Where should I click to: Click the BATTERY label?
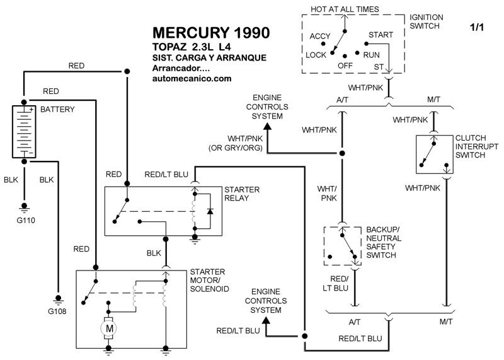(57, 109)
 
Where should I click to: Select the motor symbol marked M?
(108, 328)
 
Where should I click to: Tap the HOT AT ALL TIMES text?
(345, 9)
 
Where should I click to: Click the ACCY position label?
(320, 36)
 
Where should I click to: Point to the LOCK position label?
(316, 55)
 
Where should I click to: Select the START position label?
(381, 34)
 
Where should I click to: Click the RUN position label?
(372, 55)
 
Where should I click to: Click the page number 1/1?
(478, 27)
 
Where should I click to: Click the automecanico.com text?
(192, 79)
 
